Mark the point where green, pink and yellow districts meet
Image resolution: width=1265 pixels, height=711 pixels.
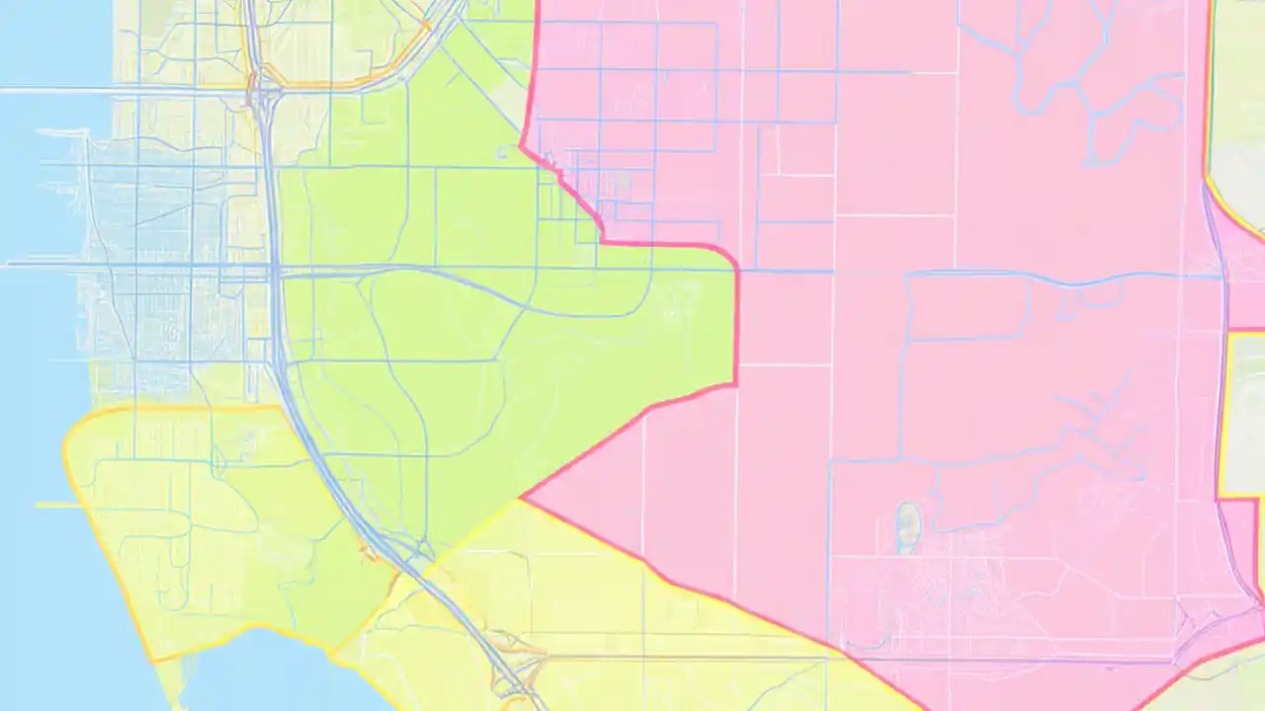click(x=523, y=498)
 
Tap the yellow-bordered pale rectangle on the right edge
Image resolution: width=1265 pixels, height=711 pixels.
click(x=1243, y=415)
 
